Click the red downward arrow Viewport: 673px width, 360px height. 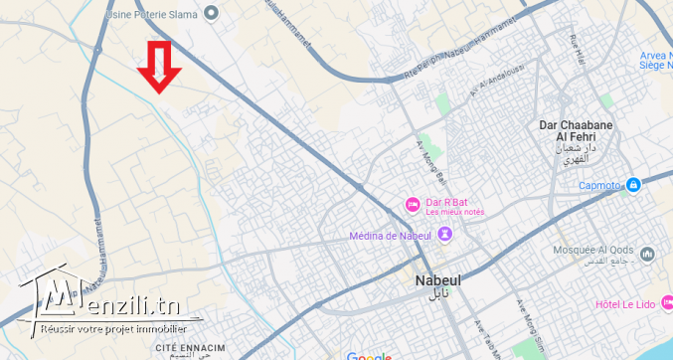click(159, 67)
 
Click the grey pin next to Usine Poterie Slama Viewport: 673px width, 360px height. click(211, 13)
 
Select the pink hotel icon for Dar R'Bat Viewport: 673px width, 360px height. click(412, 205)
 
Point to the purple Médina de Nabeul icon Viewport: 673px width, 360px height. click(443, 236)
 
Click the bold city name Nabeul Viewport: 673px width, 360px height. click(437, 280)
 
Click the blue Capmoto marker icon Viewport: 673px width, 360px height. click(634, 185)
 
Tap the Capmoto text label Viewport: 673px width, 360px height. click(600, 186)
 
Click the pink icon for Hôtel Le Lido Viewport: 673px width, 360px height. click(664, 303)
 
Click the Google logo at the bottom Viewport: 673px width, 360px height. click(370, 356)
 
